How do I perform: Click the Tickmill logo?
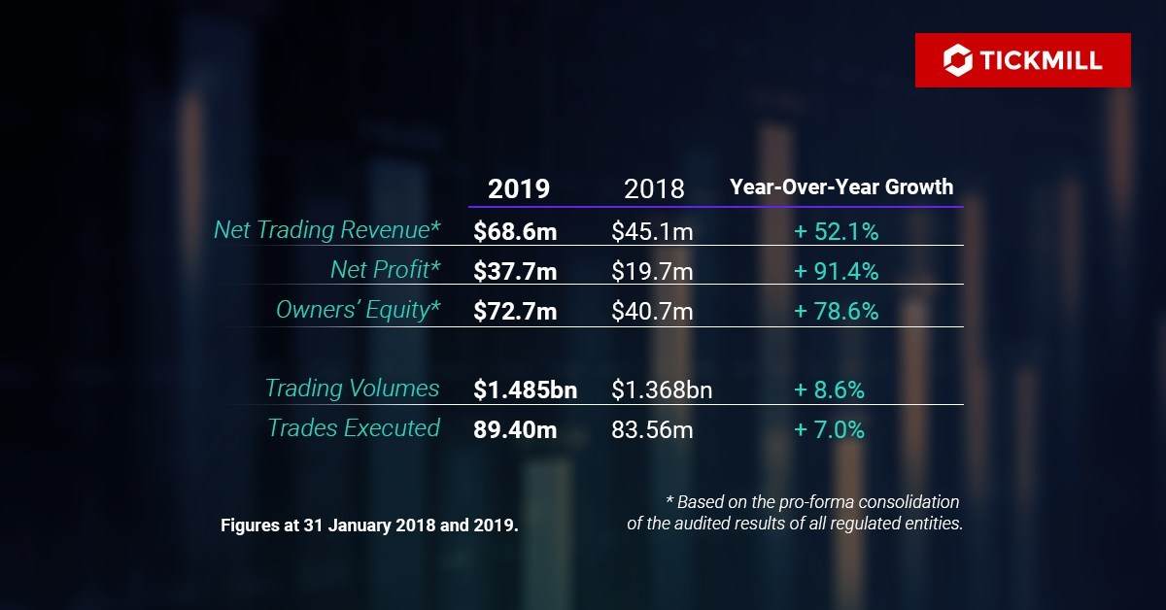point(1022,60)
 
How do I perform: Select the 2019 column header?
point(519,188)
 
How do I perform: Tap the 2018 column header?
point(653,188)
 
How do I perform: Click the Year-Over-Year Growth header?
point(841,186)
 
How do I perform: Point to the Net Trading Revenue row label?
point(327,230)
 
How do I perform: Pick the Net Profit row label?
point(386,270)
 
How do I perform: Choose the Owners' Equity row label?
point(359,310)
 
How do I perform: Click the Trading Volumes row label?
point(353,389)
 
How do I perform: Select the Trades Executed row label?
point(354,428)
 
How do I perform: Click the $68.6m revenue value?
point(515,232)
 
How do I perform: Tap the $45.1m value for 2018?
point(652,232)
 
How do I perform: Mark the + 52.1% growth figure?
point(836,232)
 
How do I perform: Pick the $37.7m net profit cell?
point(515,272)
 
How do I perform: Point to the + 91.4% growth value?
point(836,272)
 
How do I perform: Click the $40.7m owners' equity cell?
point(652,312)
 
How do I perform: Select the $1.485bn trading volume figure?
point(525,390)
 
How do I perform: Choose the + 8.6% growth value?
point(829,390)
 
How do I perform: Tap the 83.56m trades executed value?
point(652,430)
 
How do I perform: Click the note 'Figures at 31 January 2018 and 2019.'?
point(369,525)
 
